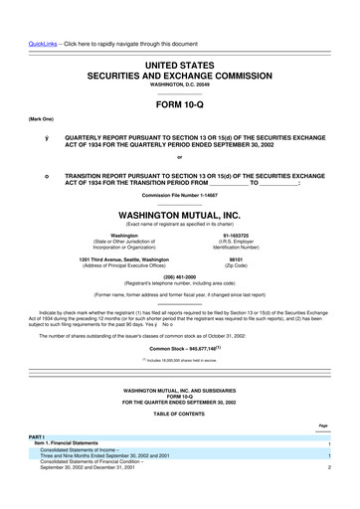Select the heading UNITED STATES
[179, 63]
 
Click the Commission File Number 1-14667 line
[179, 195]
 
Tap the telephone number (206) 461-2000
[179, 279]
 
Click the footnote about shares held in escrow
[179, 362]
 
